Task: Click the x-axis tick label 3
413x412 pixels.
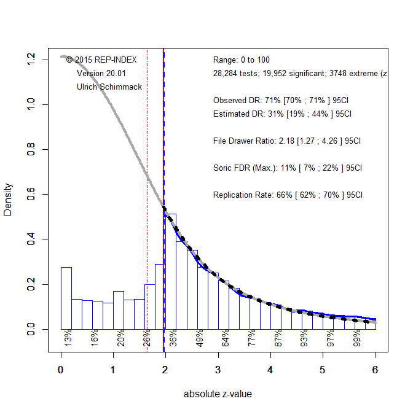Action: coord(218,370)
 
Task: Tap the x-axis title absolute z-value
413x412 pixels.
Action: coord(218,394)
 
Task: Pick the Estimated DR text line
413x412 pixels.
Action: coord(282,114)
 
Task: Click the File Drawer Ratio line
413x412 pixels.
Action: coord(286,141)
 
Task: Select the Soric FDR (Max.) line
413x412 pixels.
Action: coord(287,168)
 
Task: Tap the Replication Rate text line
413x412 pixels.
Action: coord(288,195)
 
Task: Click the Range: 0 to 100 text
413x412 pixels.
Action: coord(241,60)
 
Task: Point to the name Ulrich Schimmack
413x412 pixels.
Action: coord(109,87)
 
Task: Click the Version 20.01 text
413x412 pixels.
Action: coord(101,73)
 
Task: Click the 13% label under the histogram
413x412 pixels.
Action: coord(68,338)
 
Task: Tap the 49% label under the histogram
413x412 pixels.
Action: coord(199,338)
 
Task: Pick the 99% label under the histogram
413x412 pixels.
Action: coord(356,338)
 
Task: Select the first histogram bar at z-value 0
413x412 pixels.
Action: coord(66,298)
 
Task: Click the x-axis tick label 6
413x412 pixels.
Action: coord(375,370)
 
